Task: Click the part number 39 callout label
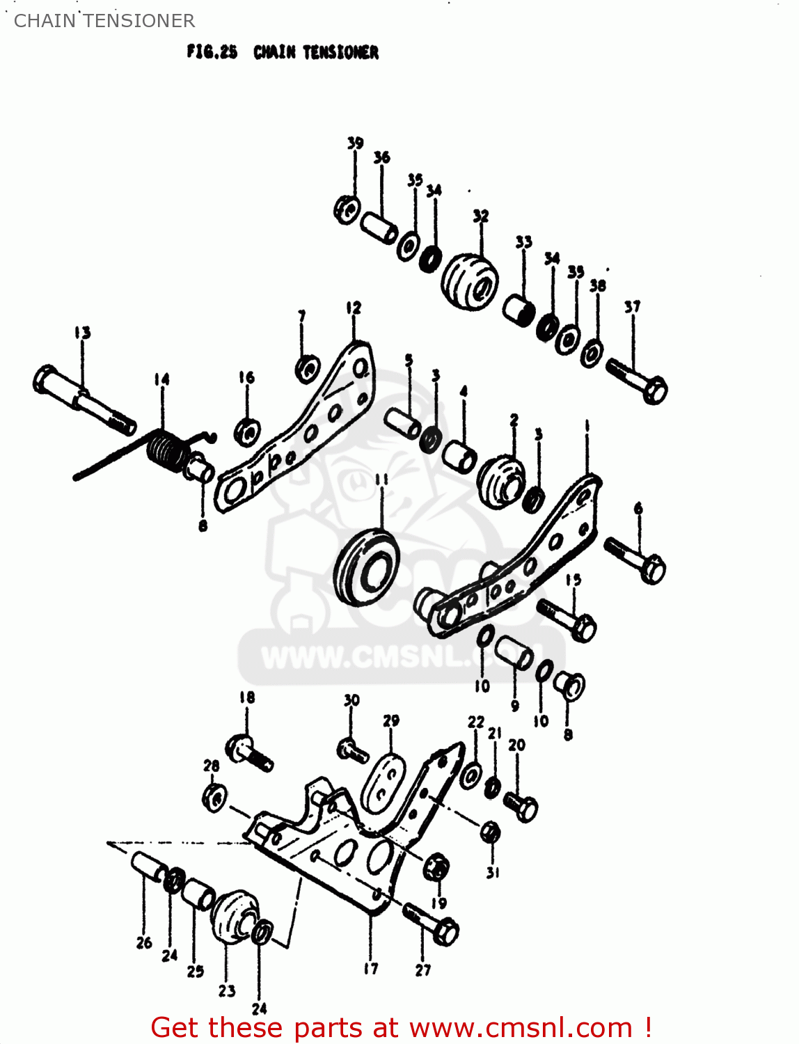click(355, 143)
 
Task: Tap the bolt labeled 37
click(637, 379)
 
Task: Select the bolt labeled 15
click(567, 619)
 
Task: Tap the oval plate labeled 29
click(385, 782)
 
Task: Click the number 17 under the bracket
click(371, 967)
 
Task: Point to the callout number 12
click(354, 308)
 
